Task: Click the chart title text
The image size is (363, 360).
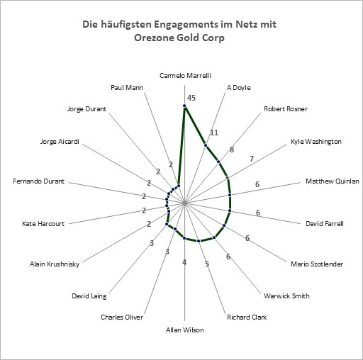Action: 179,31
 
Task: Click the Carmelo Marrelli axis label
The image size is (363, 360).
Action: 185,76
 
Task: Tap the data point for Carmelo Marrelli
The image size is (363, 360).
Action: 184,106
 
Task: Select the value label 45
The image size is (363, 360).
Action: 191,98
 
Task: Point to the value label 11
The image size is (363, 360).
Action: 214,133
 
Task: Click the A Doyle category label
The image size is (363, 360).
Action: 239,88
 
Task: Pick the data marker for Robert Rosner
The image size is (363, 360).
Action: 218,162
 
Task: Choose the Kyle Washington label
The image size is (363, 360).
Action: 316,142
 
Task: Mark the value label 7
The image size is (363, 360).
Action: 252,159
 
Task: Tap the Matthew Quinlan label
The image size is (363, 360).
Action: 333,181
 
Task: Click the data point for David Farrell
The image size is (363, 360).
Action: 230,210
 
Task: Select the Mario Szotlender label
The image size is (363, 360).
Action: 317,264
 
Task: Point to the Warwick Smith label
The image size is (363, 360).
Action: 286,296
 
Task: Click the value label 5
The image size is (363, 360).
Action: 207,264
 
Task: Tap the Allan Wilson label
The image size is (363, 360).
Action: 185,330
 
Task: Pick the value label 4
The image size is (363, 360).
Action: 184,262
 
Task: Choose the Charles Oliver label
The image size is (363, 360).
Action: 122,317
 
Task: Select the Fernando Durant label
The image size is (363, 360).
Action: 38,181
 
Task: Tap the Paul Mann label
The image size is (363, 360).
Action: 127,88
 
